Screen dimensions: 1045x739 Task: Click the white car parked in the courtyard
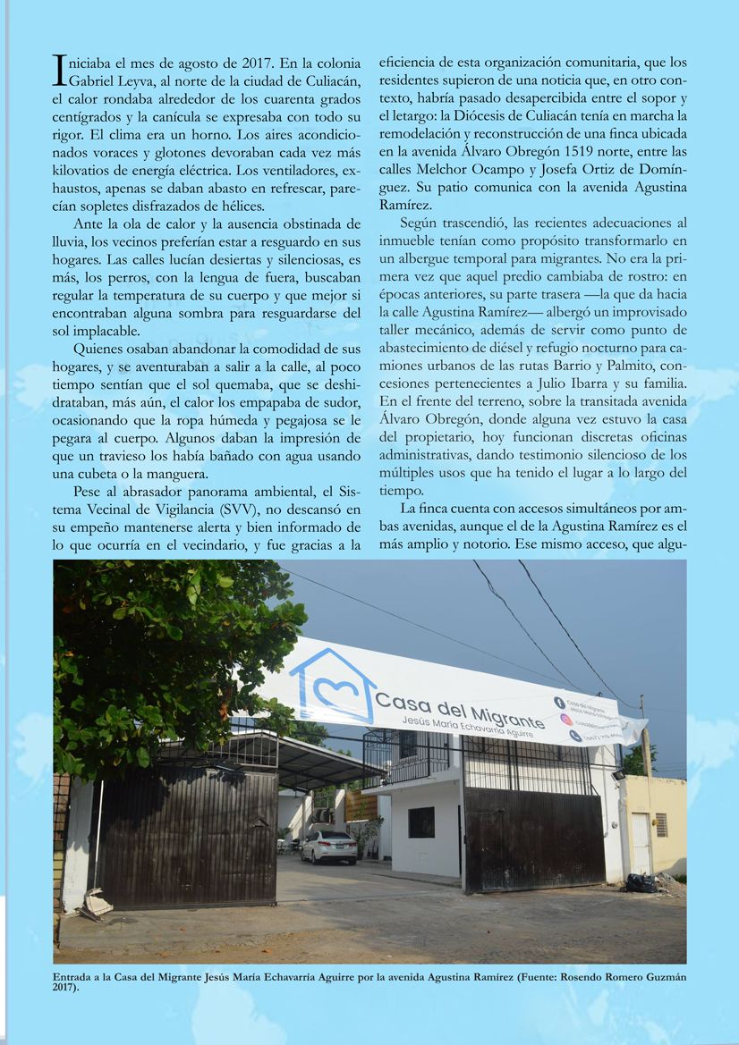coord(328,846)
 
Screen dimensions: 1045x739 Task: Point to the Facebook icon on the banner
coord(558,703)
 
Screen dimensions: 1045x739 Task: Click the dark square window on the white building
coord(420,822)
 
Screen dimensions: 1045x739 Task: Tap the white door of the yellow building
coord(641,843)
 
